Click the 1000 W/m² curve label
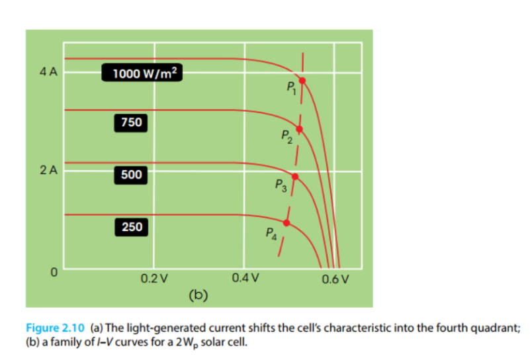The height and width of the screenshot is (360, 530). pos(142,73)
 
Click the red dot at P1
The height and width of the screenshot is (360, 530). pos(303,80)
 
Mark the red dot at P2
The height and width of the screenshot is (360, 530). pos(299,129)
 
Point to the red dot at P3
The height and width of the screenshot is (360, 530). pos(295,177)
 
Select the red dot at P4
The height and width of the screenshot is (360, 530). pos(287,222)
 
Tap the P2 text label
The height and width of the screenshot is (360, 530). pos(286,138)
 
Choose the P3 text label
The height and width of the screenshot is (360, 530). pos(281,185)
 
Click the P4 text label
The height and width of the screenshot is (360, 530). pos(272,234)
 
